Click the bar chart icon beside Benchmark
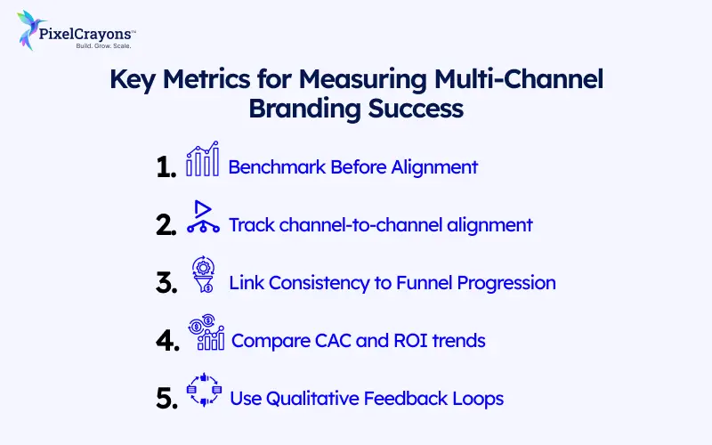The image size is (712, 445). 202,161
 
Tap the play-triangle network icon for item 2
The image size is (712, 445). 203,217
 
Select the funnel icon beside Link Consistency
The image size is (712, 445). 203,275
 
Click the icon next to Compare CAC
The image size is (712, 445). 206,334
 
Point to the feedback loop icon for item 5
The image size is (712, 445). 203,392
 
